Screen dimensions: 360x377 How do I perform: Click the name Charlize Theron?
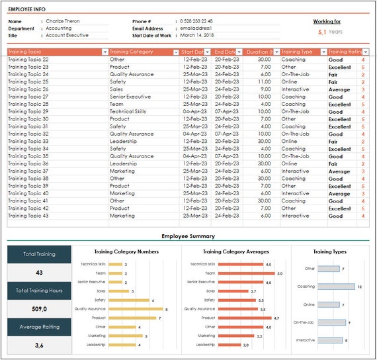(x=63, y=21)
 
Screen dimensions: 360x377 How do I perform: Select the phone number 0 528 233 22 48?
(x=196, y=21)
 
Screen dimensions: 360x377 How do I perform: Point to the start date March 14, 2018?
(x=197, y=36)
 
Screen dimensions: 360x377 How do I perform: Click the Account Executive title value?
(x=67, y=36)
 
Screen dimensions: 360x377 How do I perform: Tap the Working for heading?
(x=327, y=22)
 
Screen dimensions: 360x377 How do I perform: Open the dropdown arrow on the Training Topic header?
(x=105, y=52)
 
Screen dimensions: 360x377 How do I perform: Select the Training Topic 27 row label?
(x=28, y=97)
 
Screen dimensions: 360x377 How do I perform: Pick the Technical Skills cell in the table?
(x=128, y=112)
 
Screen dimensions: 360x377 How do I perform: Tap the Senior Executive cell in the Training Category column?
(x=130, y=97)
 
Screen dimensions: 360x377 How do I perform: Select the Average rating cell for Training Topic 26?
(x=339, y=89)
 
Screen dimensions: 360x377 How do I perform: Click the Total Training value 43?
(x=39, y=273)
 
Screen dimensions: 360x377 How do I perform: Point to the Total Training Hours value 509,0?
(x=39, y=308)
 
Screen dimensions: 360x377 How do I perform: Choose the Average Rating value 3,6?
(x=39, y=345)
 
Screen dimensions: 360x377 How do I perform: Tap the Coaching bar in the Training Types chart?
(x=335, y=287)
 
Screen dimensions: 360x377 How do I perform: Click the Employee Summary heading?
(x=188, y=236)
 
